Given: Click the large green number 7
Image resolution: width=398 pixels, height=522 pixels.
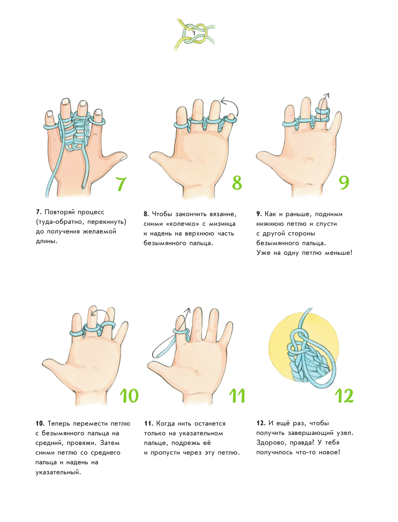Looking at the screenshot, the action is (121, 184).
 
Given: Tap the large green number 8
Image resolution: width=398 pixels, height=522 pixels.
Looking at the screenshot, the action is (237, 183).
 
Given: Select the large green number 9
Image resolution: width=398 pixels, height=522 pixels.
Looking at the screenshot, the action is (344, 183).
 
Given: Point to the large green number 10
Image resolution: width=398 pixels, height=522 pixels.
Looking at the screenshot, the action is (129, 396).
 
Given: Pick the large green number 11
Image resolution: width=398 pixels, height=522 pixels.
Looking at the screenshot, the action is (237, 396).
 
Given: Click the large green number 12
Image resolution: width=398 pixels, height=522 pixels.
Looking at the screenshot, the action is (344, 396).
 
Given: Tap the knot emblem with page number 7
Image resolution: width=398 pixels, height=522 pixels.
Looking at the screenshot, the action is (194, 34).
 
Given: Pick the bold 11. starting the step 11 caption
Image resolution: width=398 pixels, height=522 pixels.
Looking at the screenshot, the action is (149, 423).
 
